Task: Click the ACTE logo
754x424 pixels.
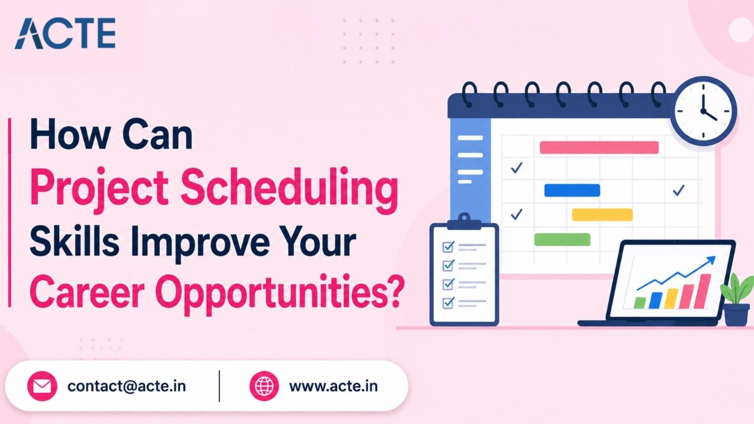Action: pyautogui.click(x=65, y=33)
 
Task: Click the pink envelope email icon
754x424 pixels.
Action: pyautogui.click(x=42, y=386)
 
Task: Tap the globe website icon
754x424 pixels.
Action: pyautogui.click(x=264, y=386)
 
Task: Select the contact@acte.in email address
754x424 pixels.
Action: pyautogui.click(x=127, y=386)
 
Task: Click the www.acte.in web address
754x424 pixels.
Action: pyautogui.click(x=333, y=386)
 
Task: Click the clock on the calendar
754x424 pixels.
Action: pyautogui.click(x=703, y=111)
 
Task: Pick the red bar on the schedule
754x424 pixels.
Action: pyautogui.click(x=599, y=147)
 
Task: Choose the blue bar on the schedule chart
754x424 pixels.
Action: pyautogui.click(x=572, y=190)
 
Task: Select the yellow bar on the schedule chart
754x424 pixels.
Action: pyautogui.click(x=602, y=215)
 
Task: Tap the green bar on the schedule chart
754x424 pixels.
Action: pyautogui.click(x=562, y=240)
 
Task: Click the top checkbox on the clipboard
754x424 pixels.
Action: pyautogui.click(x=448, y=247)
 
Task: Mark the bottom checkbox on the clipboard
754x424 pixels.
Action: pyautogui.click(x=448, y=303)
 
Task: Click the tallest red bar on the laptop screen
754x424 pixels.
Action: pyautogui.click(x=702, y=291)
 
